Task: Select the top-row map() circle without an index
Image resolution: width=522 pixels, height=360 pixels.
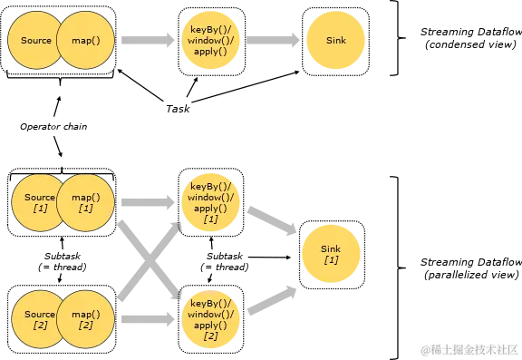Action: tap(86, 41)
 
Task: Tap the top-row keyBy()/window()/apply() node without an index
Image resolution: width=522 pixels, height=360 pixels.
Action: tap(210, 41)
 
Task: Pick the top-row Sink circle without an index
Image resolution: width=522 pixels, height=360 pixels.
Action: tap(332, 41)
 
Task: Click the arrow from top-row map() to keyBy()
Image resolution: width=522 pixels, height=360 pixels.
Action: tap(148, 41)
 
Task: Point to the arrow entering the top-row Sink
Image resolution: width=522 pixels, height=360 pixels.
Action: tap(273, 41)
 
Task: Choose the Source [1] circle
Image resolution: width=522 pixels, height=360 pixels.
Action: tap(36, 202)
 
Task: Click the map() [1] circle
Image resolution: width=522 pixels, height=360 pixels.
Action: tap(86, 202)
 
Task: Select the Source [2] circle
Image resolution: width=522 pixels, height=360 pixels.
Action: tap(36, 319)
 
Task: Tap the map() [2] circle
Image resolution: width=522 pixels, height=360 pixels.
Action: tap(86, 319)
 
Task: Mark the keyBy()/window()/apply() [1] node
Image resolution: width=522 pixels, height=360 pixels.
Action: tap(210, 201)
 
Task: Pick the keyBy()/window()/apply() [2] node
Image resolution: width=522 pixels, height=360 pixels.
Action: tap(210, 318)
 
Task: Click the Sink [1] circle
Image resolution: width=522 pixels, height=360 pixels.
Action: tap(332, 254)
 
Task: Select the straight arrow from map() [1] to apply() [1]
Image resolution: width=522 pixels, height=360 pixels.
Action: tap(148, 201)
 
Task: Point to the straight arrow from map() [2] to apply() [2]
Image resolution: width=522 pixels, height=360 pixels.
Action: tap(148, 318)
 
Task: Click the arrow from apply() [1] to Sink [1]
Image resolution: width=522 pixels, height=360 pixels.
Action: tap(272, 224)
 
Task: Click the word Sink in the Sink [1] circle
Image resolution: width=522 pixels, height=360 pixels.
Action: tap(332, 248)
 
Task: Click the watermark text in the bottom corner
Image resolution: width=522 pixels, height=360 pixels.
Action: tap(467, 348)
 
